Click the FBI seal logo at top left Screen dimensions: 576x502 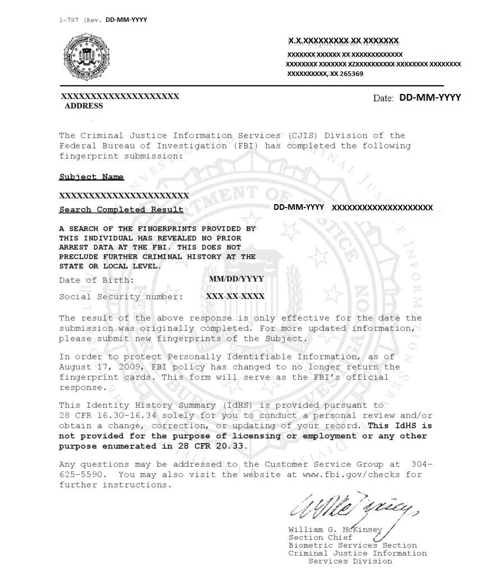86,56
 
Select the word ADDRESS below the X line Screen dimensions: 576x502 84,106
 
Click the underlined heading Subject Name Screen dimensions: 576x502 92,177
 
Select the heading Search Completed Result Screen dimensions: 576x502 121,210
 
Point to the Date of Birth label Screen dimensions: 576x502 97,280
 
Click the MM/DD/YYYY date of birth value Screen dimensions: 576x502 236,279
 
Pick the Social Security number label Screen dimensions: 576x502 121,296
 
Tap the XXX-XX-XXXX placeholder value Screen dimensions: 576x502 235,296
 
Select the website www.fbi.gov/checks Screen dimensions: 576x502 353,474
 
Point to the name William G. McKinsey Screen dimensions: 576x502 335,530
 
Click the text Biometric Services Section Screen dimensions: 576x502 353,546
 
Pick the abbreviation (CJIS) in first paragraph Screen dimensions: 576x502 303,136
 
